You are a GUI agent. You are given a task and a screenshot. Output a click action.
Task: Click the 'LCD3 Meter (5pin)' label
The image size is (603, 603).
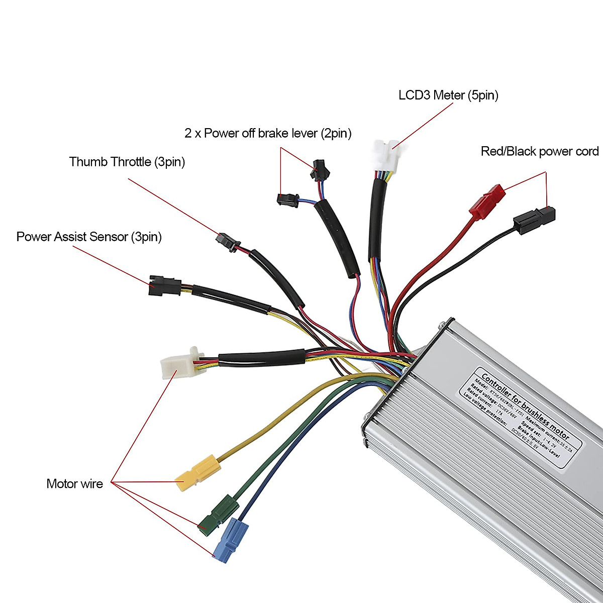tap(448, 95)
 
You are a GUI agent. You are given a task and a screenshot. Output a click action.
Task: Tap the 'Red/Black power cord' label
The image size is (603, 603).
tap(539, 151)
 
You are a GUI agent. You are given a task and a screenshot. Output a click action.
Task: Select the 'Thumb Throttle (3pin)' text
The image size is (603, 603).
tap(127, 162)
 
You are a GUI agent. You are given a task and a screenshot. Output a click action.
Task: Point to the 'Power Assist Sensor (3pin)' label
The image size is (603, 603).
tap(89, 237)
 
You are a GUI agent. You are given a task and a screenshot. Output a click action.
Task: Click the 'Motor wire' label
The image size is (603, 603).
tap(74, 484)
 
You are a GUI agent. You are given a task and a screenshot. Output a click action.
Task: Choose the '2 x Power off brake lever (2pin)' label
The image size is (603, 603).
tap(268, 133)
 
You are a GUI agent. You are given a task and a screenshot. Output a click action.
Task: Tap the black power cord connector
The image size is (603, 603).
tap(534, 220)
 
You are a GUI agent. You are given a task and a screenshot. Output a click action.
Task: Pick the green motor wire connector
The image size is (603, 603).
tap(218, 515)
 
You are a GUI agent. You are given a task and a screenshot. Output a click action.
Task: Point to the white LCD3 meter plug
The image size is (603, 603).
tap(385, 157)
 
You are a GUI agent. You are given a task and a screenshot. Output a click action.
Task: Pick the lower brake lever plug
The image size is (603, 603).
tap(287, 199)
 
